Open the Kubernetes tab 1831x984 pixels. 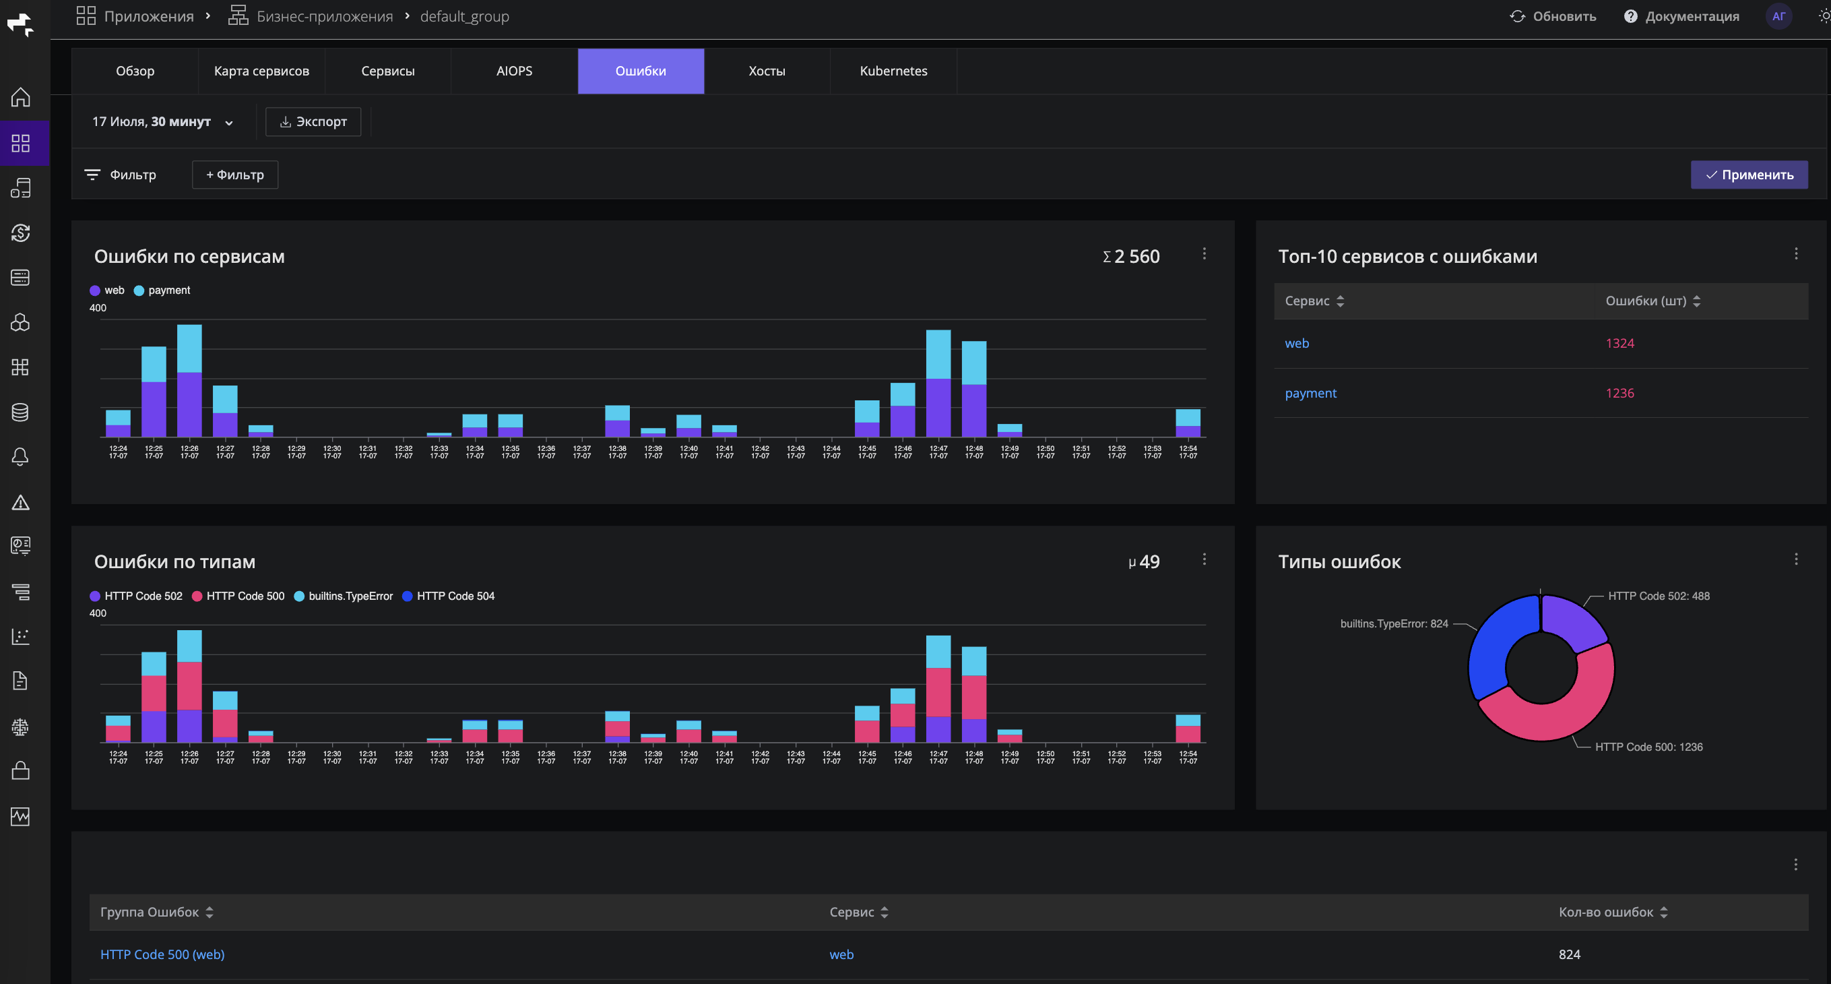coord(893,71)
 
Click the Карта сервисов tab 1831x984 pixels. coord(261,71)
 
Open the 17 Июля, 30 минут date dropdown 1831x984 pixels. coord(163,121)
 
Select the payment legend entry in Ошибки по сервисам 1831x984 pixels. coord(162,290)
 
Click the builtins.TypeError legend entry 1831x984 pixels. coord(344,596)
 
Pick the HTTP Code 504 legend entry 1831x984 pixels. coord(449,596)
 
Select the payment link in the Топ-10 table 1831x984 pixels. coord(1311,393)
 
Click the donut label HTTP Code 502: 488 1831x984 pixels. coord(1659,596)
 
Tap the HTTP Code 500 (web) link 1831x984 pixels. coord(163,954)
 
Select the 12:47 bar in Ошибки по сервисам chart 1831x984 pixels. coord(938,383)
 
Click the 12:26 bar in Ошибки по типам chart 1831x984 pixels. coord(189,686)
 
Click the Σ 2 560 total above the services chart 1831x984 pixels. coord(1131,257)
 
